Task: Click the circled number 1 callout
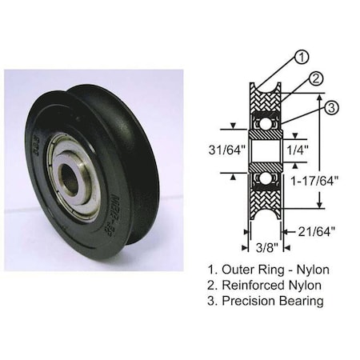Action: coord(302,57)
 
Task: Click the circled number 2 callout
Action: coord(315,78)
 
